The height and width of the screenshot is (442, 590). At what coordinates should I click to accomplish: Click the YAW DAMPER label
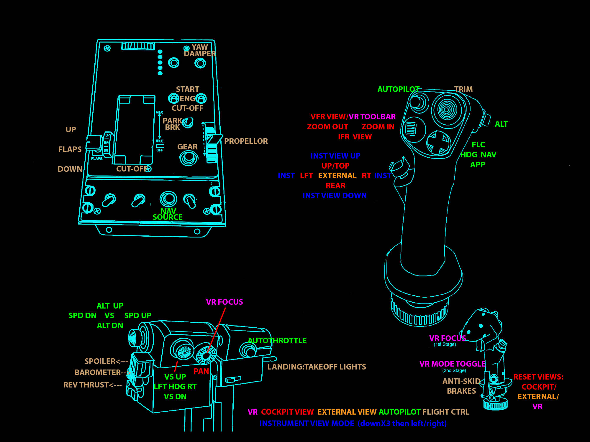200,50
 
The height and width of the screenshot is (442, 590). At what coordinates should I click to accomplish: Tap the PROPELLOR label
246,141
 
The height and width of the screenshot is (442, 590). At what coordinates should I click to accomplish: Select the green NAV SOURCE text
168,214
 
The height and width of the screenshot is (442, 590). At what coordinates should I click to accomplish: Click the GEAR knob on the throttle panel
189,158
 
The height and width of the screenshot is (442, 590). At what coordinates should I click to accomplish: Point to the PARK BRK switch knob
188,122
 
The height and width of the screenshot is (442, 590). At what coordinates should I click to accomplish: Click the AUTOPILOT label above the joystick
398,89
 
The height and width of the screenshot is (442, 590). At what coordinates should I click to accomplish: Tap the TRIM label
463,89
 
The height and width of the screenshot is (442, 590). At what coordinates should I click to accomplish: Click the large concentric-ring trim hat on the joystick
446,110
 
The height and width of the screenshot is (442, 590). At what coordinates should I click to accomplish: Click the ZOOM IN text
378,127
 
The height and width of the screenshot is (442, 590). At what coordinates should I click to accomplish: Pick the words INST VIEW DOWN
335,196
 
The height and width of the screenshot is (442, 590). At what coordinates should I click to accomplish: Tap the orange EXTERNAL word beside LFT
337,176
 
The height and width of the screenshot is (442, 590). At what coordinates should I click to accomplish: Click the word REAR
335,186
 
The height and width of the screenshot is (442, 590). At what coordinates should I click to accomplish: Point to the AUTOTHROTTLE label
277,341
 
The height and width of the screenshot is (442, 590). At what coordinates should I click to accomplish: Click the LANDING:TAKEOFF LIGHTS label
316,367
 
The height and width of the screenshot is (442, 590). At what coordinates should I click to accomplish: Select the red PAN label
201,371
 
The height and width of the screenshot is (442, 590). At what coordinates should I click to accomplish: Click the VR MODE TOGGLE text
452,364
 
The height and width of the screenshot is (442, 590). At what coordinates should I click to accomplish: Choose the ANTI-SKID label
461,381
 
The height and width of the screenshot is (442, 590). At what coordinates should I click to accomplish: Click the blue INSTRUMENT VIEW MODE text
307,423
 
